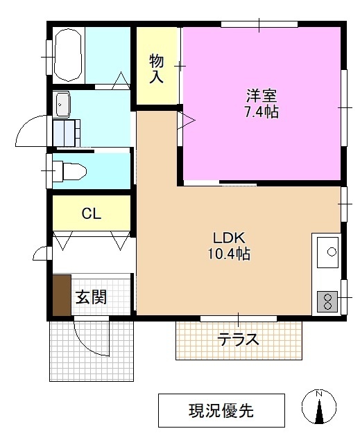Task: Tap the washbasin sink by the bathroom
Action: coord(63,105)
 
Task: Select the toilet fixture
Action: coord(69,170)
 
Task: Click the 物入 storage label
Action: coord(157,68)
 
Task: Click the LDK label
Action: coord(228,236)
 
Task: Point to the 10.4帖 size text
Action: coord(228,254)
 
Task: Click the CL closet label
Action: coord(91,213)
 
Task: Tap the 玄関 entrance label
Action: coord(91,298)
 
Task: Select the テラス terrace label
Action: coord(238,340)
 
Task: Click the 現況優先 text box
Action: coord(221,410)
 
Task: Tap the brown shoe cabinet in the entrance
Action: coord(62,297)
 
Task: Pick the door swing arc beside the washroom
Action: coord(31,130)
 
